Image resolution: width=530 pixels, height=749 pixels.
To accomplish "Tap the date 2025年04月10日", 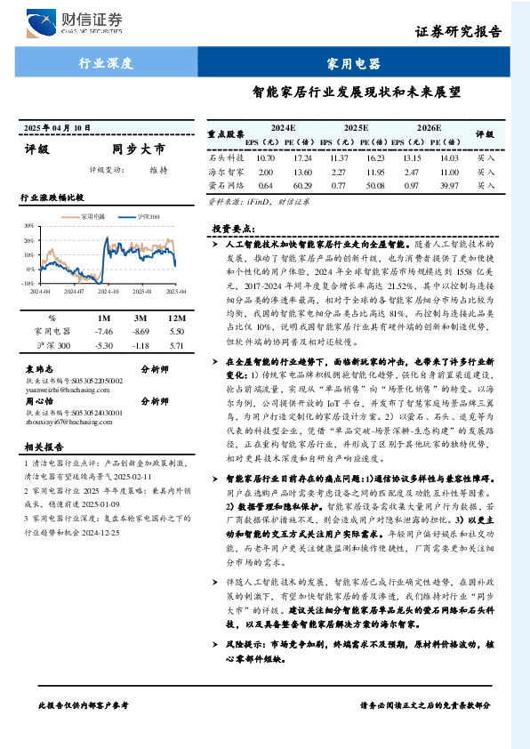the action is (x=56, y=128).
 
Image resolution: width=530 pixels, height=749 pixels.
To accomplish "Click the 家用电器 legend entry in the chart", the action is (x=93, y=216).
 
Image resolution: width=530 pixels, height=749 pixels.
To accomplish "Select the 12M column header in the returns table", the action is (x=175, y=318).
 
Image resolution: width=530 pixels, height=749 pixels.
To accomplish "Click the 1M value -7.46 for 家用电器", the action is (x=104, y=330).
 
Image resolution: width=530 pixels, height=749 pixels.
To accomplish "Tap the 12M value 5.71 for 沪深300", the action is (x=175, y=343).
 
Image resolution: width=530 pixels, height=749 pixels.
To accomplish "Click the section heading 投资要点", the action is (x=229, y=229).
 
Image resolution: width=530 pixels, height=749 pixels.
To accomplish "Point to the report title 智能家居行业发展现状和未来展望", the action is (x=363, y=92).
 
